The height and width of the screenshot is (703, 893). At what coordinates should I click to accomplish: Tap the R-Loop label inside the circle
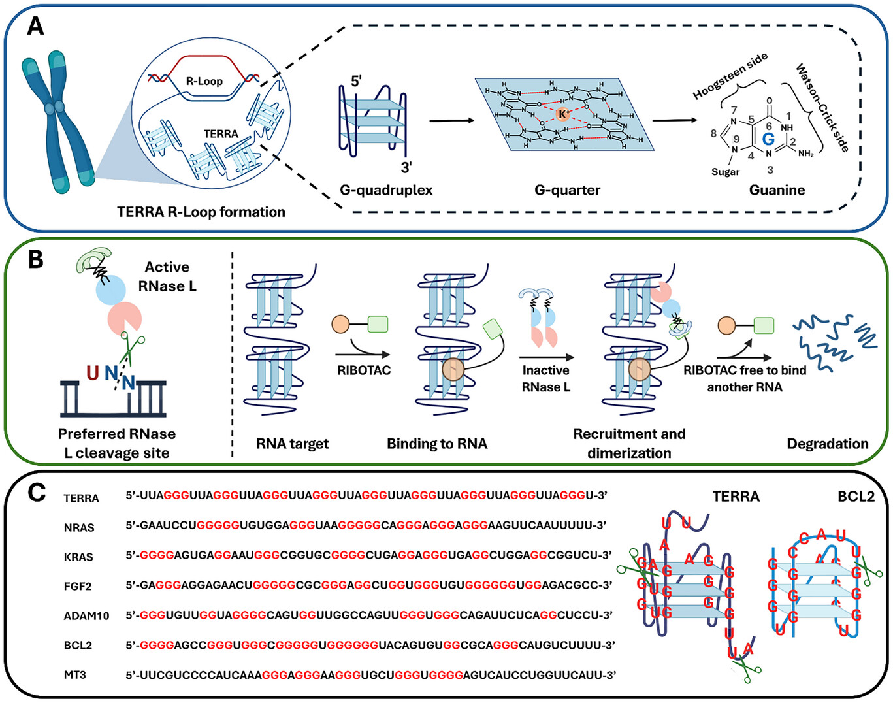click(x=204, y=81)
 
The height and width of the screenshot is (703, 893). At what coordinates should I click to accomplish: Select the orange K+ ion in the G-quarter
click(x=563, y=114)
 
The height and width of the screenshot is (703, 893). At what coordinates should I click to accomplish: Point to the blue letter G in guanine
click(x=768, y=139)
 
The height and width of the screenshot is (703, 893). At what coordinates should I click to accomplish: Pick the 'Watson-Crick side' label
click(x=822, y=108)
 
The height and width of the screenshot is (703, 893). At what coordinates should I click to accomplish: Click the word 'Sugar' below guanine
click(x=725, y=172)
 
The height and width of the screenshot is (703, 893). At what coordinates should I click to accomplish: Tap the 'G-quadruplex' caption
click(x=386, y=190)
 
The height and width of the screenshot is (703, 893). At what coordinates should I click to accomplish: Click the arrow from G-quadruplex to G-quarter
click(x=451, y=121)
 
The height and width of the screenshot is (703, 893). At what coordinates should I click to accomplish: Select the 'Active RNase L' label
click(x=168, y=276)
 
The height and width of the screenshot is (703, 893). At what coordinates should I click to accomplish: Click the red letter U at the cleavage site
click(x=92, y=373)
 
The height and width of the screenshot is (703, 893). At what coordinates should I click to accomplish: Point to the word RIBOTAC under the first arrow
click(x=364, y=370)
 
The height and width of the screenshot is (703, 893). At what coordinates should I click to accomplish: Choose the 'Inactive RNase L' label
click(x=545, y=378)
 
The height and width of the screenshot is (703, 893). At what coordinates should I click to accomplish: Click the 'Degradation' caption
click(x=827, y=444)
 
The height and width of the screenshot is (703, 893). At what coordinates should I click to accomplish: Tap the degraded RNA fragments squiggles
click(x=833, y=340)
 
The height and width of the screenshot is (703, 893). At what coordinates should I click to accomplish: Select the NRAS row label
click(x=79, y=527)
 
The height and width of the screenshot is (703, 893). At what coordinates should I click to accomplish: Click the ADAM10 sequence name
click(x=86, y=615)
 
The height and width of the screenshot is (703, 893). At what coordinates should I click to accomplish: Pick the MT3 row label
click(x=75, y=674)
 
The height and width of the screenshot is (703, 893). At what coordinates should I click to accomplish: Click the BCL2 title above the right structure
click(x=856, y=497)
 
